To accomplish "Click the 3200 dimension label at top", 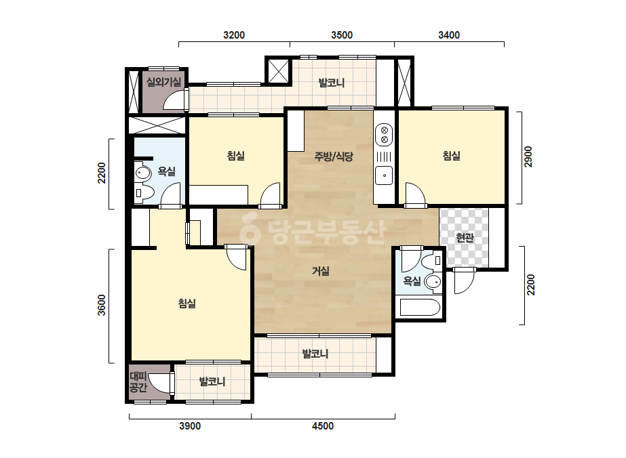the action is (x=234, y=35).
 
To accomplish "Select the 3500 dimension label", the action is (x=342, y=35).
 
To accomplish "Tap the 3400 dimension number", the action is (x=449, y=35).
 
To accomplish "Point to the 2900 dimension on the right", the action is (x=528, y=157).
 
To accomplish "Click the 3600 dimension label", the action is (x=102, y=305).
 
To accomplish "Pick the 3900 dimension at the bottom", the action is (x=190, y=426).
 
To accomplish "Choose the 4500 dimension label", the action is (x=323, y=426).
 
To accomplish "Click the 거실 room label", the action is (x=321, y=271).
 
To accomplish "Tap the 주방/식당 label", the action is (x=334, y=157).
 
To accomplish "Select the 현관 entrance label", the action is (x=465, y=238).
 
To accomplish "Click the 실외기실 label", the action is (x=163, y=82).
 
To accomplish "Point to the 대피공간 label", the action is (x=139, y=382).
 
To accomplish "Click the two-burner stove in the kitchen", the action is (x=385, y=134).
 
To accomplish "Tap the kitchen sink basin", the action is (x=384, y=175).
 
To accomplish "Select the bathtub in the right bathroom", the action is (x=420, y=307).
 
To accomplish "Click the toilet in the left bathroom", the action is (x=144, y=192).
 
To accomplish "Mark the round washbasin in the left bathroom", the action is (x=142, y=173).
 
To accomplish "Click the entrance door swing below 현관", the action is (x=464, y=281).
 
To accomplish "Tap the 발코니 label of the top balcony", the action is (x=332, y=83).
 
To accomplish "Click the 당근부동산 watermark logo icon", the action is (x=250, y=228).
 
